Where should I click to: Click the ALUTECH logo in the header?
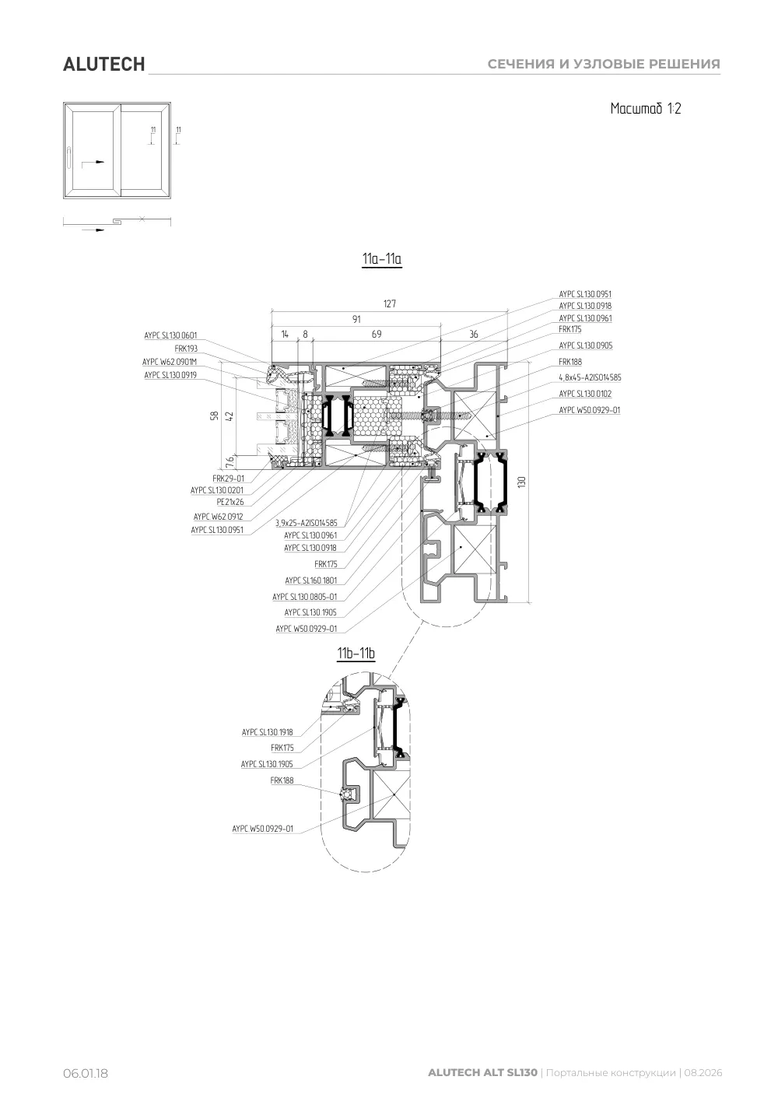coord(103,65)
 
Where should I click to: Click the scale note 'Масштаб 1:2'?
coord(645,108)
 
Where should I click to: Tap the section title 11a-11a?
coord(382,258)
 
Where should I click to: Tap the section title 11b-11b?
coord(356,654)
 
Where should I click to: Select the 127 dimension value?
coord(390,303)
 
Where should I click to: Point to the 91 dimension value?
coord(356,319)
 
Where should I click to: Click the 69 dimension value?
coord(377,335)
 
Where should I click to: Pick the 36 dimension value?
coord(473,335)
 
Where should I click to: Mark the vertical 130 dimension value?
coord(522,482)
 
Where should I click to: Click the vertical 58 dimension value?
coord(214,416)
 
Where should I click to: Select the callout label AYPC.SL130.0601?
coord(170,335)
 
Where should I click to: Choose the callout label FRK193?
coord(186,349)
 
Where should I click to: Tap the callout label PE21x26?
coord(230,502)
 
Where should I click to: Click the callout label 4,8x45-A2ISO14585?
coord(590,377)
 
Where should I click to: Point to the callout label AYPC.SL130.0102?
coord(585,394)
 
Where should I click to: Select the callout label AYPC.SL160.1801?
coord(311,580)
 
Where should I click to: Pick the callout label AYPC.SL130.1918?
coord(268,732)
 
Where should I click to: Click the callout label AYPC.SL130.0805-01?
coord(305,597)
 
